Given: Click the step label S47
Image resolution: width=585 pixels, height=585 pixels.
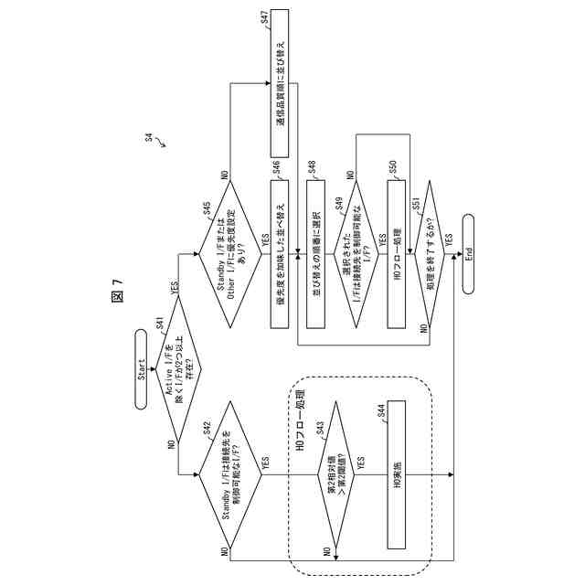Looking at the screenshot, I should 264,16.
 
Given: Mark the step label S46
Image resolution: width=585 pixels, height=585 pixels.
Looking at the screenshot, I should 275,166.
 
